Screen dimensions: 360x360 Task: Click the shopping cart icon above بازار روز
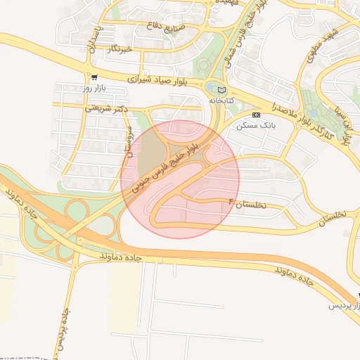pos(94,77)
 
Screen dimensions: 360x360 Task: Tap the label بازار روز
pos(93,89)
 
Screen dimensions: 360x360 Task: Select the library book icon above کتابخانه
pos(223,90)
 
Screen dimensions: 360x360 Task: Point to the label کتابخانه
pos(222,101)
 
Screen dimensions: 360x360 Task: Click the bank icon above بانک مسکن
pos(257,114)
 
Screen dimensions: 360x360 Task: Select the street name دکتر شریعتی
pos(109,108)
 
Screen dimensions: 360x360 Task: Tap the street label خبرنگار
pos(118,49)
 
